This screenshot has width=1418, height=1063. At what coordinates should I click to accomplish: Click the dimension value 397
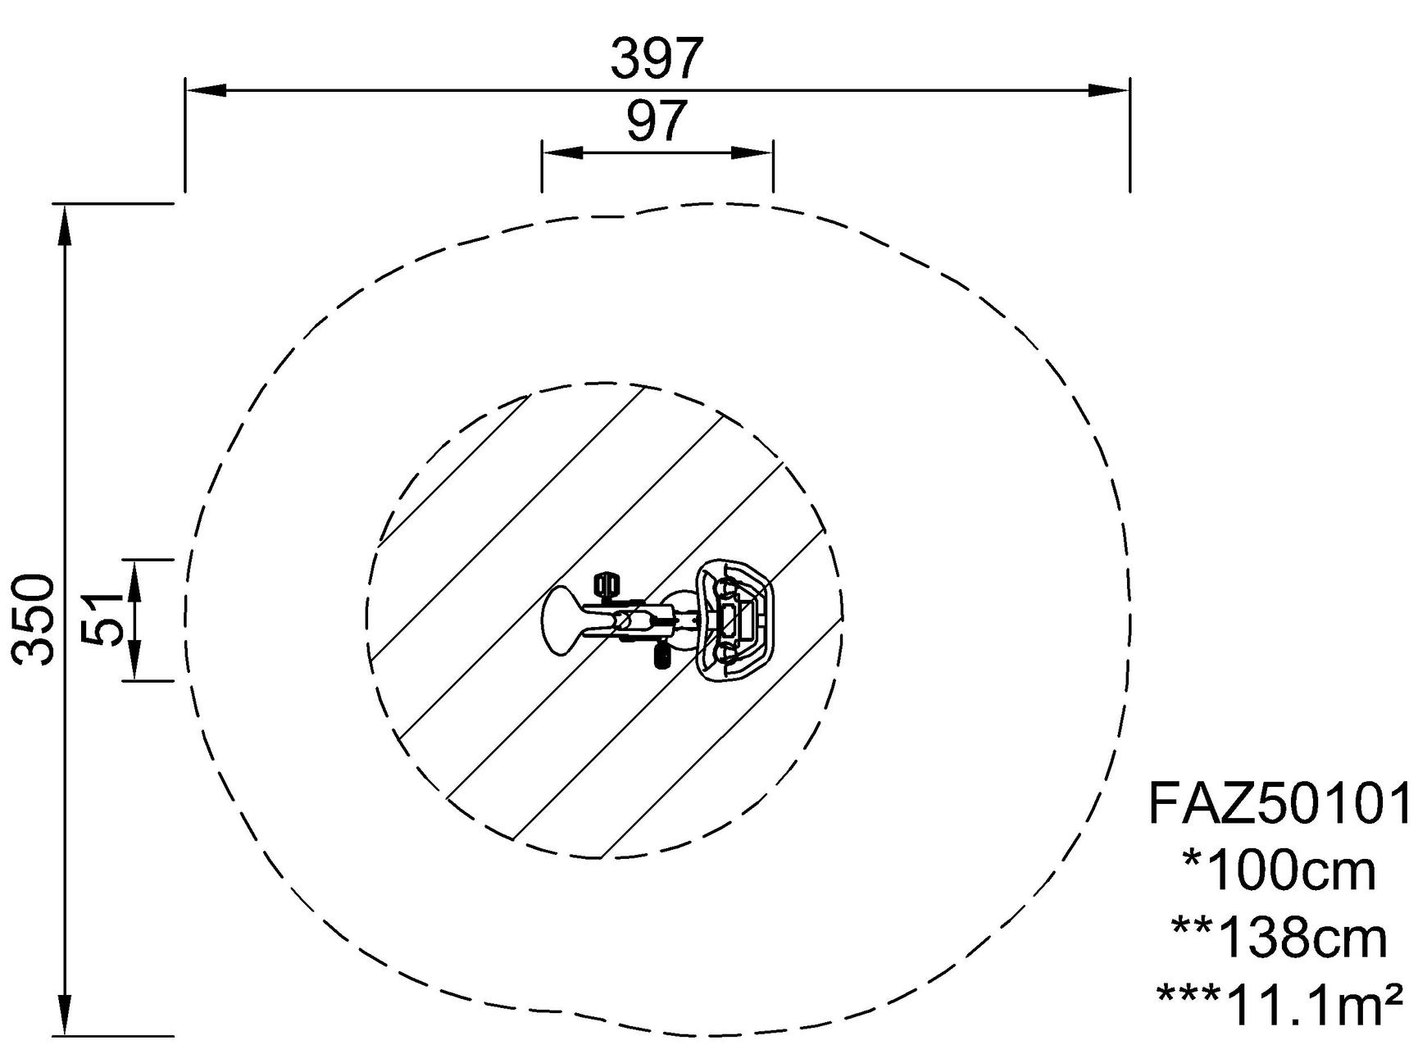pyautogui.click(x=657, y=58)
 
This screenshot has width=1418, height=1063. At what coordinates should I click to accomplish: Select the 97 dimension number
pyautogui.click(x=657, y=121)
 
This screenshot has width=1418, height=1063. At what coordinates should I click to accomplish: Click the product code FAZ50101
pyautogui.click(x=1281, y=803)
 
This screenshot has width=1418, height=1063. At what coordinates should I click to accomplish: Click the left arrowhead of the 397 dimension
pyautogui.click(x=206, y=89)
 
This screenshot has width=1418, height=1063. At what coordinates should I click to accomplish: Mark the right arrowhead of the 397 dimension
pyautogui.click(x=1109, y=89)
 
